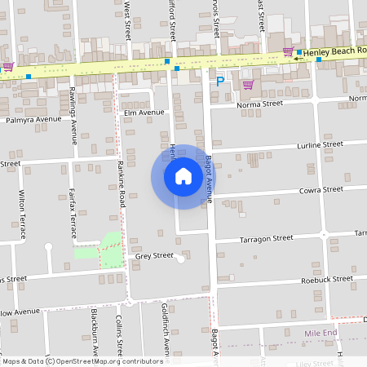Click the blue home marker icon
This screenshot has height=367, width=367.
[x=183, y=176]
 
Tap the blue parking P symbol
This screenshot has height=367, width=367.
[x=219, y=80]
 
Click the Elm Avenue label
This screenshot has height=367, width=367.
[x=143, y=112]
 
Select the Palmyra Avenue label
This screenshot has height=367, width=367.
[x=33, y=119]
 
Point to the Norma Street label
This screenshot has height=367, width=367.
[x=259, y=104]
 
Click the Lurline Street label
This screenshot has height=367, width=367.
[x=321, y=144]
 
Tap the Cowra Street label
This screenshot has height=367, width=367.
[x=321, y=190]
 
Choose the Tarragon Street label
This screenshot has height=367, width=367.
[x=266, y=238]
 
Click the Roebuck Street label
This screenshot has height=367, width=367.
[x=325, y=278]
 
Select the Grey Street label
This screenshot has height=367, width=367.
[x=154, y=255]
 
